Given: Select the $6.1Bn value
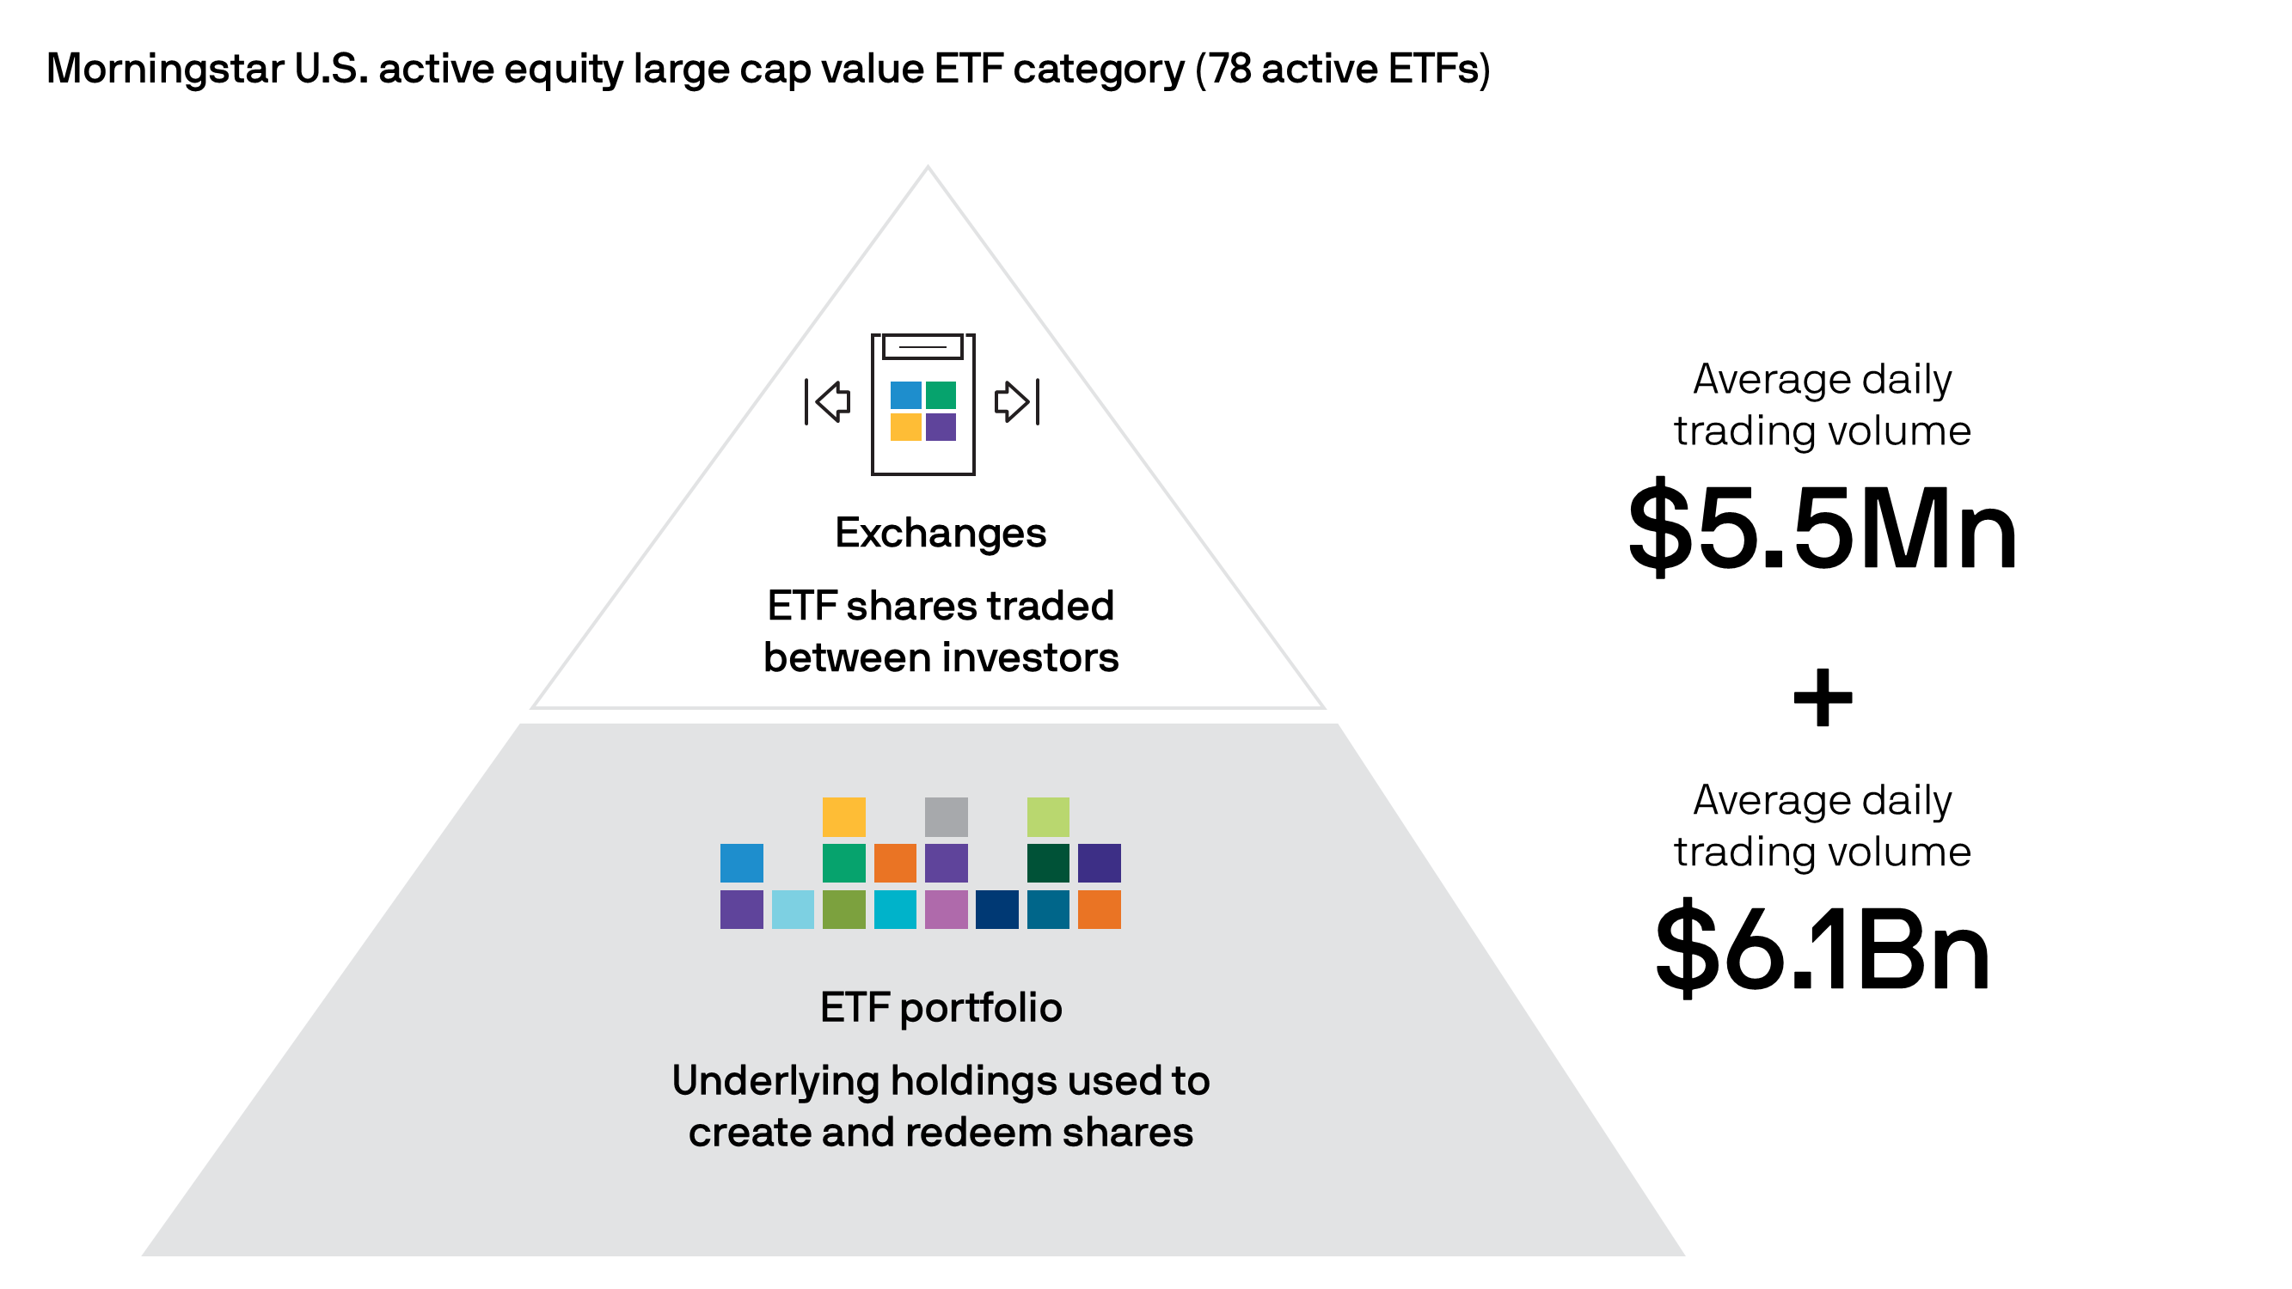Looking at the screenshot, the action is (x=1823, y=949).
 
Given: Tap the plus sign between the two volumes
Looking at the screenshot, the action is (x=1823, y=699).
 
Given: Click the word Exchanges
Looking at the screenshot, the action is (x=941, y=534).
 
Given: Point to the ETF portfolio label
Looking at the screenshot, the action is (x=941, y=1009).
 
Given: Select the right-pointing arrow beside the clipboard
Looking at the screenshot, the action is (x=1016, y=401).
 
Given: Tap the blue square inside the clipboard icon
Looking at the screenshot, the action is (x=906, y=395).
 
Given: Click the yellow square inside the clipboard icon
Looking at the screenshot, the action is (x=906, y=427).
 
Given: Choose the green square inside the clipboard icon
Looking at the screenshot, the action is (x=941, y=395).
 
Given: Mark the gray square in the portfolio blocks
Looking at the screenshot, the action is (x=946, y=816).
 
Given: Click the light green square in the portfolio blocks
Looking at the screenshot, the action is (x=1048, y=816).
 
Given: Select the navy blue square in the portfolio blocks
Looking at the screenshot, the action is (x=996, y=909).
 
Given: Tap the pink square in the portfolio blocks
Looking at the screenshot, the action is (x=946, y=909).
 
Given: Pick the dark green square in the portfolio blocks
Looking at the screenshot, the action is (x=1048, y=863).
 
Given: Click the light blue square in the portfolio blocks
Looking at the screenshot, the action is (x=793, y=909).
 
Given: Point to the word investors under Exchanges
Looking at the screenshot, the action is (x=1030, y=658).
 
